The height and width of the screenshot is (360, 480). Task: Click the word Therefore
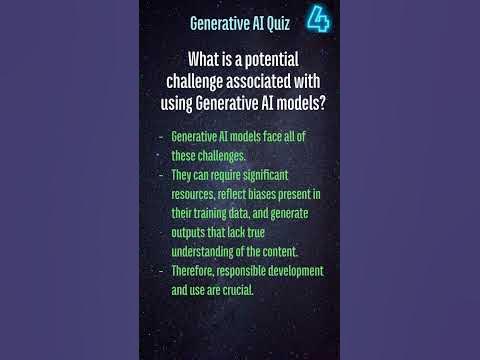tap(197, 271)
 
